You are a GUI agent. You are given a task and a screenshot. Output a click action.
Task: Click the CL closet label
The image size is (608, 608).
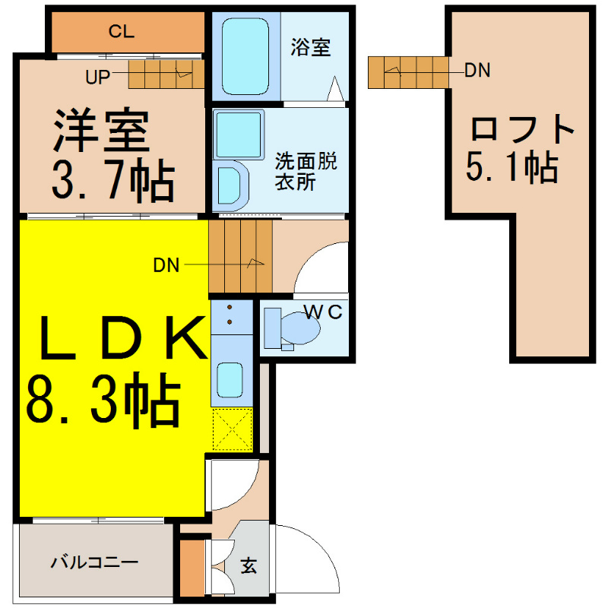click(122, 31)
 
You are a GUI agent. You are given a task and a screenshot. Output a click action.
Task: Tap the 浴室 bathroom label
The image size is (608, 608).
click(311, 47)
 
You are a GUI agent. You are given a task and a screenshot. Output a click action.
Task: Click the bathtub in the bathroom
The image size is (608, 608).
click(245, 56)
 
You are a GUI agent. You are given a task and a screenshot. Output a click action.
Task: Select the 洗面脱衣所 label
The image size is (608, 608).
click(306, 171)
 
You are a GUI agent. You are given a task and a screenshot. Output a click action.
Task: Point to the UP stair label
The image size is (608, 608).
click(98, 78)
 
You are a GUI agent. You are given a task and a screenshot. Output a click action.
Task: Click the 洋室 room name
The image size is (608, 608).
click(101, 130)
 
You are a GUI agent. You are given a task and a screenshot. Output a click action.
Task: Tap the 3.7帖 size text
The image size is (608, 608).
click(112, 181)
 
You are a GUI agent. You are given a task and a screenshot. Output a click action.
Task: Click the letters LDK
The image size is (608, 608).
click(123, 337)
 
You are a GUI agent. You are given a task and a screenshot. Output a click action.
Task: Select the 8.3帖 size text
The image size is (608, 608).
click(103, 401)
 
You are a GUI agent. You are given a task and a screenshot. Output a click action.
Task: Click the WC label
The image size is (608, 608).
click(324, 312)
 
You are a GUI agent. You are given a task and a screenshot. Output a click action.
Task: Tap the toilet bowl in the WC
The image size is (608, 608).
click(300, 328)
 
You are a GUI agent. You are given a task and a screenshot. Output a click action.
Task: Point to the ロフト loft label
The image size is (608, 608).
click(522, 128)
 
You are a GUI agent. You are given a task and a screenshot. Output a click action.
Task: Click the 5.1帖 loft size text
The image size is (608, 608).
click(511, 167)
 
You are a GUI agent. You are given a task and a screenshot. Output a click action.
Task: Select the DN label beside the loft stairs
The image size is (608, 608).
click(477, 70)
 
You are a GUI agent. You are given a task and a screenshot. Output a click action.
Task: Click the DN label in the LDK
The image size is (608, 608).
click(166, 265)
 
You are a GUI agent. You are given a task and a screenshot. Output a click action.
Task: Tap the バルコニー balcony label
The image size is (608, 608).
click(94, 562)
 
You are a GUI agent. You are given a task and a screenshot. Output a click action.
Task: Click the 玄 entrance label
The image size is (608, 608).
click(249, 565)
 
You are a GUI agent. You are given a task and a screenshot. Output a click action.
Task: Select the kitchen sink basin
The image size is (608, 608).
click(230, 380)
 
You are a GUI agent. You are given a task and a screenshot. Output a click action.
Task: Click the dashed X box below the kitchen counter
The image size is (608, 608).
click(232, 429)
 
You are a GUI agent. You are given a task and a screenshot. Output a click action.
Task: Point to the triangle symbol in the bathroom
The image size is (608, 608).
click(335, 89)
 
